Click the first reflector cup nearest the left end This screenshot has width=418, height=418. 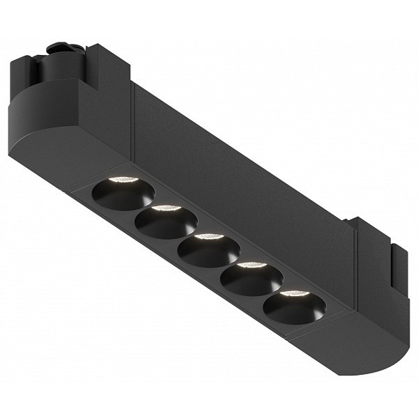click(123, 193)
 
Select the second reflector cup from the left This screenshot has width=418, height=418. click(166, 222)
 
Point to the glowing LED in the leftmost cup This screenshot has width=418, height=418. click(124, 180)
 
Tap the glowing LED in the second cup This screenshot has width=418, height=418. click(167, 208)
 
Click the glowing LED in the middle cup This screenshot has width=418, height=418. click(209, 237)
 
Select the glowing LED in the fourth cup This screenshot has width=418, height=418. click(252, 265)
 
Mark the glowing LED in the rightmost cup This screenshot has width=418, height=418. click(294, 293)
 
